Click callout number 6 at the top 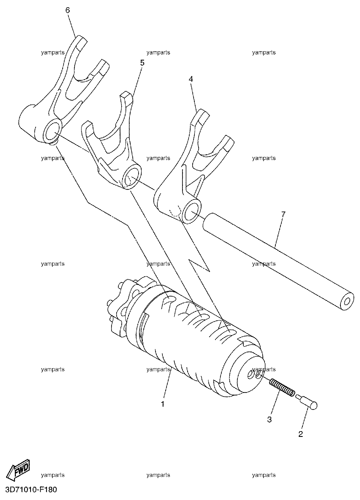(68, 10)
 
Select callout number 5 (142, 63)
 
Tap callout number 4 (191, 79)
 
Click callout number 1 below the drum (162, 404)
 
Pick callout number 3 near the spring (269, 419)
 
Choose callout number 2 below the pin (301, 434)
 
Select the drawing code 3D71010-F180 (29, 490)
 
